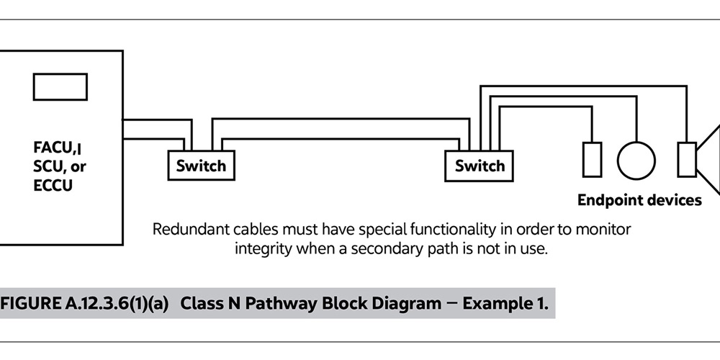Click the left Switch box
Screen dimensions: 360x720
[x=201, y=166]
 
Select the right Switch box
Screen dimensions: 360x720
[x=480, y=166]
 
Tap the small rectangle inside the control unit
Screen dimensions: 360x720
[x=60, y=86]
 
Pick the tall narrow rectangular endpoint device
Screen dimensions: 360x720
[x=592, y=159]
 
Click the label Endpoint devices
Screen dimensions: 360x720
[x=639, y=200]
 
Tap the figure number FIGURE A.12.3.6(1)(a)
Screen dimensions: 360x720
[x=84, y=303]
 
